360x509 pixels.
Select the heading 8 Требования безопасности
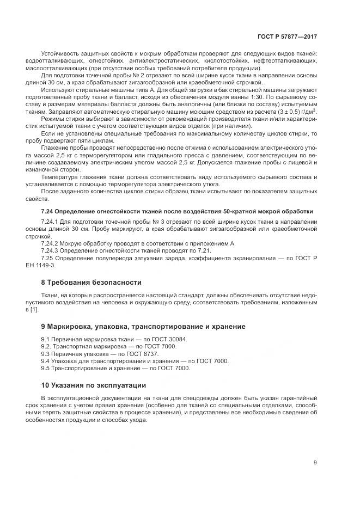click(91, 283)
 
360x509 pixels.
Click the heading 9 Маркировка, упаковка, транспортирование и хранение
click(143, 326)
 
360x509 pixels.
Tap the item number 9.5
click(46, 368)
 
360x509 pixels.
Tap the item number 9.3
click(46, 353)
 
